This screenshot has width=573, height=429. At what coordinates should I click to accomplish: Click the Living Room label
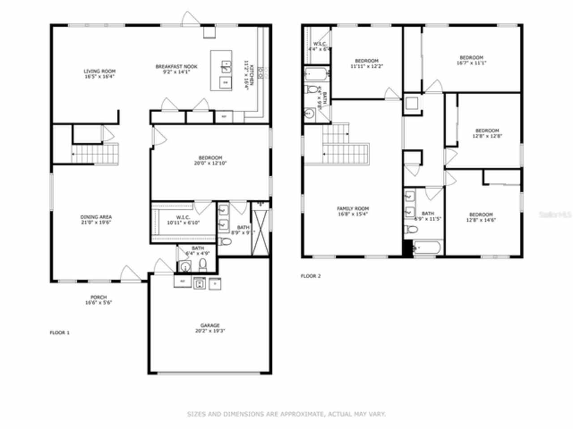coord(99,74)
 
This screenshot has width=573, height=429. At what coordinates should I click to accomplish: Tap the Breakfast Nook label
coord(176,69)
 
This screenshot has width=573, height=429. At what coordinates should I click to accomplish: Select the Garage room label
coord(210,328)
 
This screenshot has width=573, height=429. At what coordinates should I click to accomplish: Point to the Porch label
coord(98,300)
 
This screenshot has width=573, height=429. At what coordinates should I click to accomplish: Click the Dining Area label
coord(96,220)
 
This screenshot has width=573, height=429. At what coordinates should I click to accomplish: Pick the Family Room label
coord(353,211)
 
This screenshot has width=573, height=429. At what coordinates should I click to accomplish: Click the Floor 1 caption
coord(60,332)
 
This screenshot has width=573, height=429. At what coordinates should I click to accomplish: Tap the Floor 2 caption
coord(311,276)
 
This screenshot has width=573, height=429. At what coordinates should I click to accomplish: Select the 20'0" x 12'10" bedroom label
coord(210,160)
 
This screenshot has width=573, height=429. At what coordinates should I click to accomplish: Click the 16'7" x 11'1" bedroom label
coord(471,60)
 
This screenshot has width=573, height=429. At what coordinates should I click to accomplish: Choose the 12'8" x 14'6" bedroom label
coord(481,217)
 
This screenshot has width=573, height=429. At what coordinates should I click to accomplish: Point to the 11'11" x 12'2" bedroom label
coord(367,63)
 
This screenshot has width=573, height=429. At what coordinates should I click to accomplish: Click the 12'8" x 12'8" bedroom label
coord(487,133)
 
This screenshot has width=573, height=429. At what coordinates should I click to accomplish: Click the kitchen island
coord(222,71)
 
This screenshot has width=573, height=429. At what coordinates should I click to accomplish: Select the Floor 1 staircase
coord(95,154)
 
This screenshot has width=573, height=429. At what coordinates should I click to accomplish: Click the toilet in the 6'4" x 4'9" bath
coord(203,265)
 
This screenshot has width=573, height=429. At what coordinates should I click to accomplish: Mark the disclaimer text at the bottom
coord(286,414)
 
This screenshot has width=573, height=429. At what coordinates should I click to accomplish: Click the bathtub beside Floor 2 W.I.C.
coord(316,74)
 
